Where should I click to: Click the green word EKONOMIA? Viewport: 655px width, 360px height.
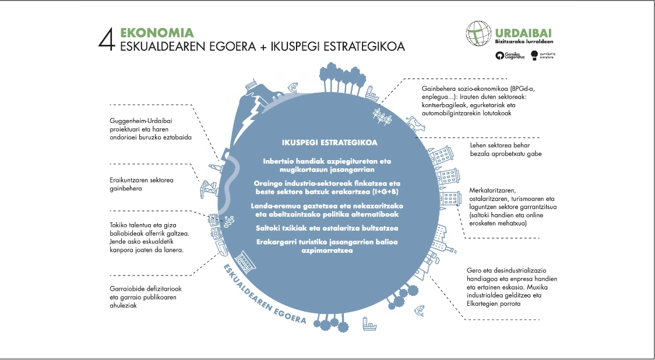(157, 33)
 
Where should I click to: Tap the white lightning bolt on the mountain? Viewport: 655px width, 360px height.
(249, 120)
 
